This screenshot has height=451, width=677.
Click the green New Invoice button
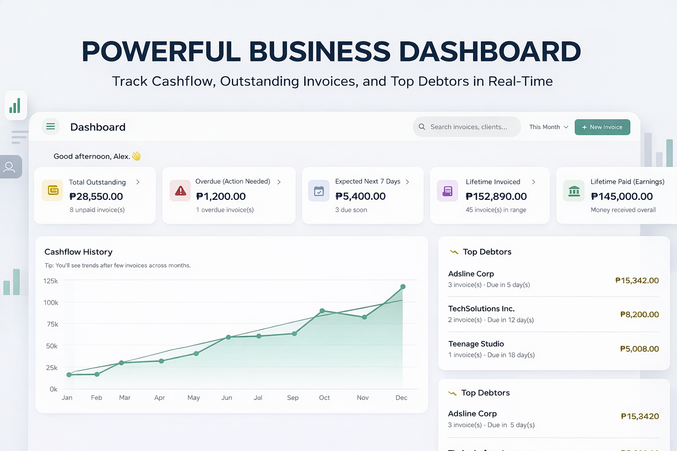(602, 127)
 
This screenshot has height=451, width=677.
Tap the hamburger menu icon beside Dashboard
(51, 127)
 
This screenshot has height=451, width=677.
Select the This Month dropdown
(548, 127)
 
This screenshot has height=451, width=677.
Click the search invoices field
(467, 127)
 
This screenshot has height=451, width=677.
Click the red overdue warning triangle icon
(180, 191)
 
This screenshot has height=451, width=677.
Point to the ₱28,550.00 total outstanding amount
(96, 196)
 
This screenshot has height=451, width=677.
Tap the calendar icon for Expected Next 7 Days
(319, 191)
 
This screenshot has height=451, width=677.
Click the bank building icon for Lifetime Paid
(574, 191)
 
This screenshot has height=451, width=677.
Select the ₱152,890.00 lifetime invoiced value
(496, 196)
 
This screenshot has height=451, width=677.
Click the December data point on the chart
(403, 287)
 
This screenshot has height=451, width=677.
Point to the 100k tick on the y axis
(51, 303)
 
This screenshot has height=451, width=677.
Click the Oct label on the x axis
(324, 398)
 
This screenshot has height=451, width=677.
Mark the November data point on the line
(365, 317)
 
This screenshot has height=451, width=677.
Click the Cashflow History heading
(78, 252)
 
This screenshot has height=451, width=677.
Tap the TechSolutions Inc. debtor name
(481, 309)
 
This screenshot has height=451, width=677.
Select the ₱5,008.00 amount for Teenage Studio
(639, 349)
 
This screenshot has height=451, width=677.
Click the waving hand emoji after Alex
(136, 156)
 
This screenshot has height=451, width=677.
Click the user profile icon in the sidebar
(9, 167)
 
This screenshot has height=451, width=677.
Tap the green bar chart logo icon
(15, 106)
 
